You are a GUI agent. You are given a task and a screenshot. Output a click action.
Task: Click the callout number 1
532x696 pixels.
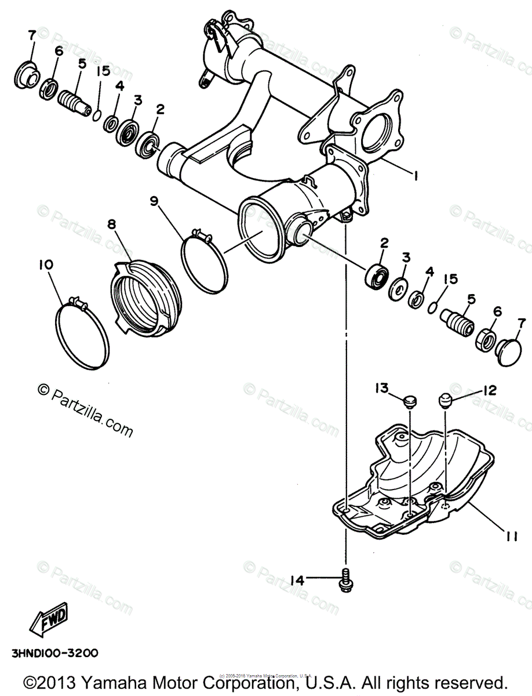[415, 174]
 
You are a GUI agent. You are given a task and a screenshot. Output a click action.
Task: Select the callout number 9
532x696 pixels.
[154, 201]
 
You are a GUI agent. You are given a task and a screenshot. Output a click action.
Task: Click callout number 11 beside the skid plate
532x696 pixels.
[510, 537]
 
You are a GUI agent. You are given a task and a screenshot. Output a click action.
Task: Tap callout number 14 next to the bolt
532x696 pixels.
[297, 578]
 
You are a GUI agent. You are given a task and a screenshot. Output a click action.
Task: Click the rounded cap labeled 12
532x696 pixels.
[445, 400]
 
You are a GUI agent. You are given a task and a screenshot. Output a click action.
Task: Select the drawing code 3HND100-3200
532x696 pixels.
[53, 653]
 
